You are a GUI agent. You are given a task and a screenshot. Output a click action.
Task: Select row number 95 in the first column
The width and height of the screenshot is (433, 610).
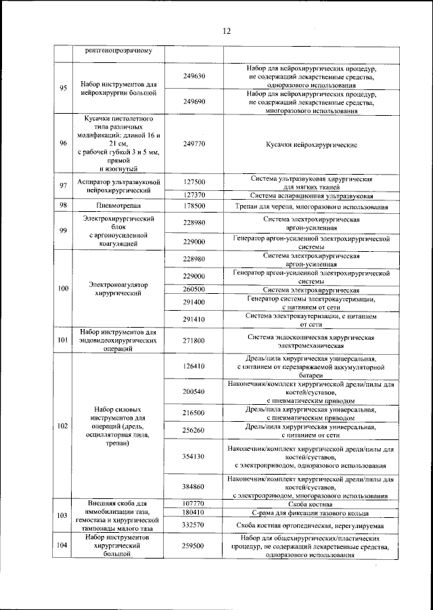coord(63,88)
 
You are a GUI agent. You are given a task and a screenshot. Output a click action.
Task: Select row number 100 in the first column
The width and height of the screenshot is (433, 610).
coord(63,288)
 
